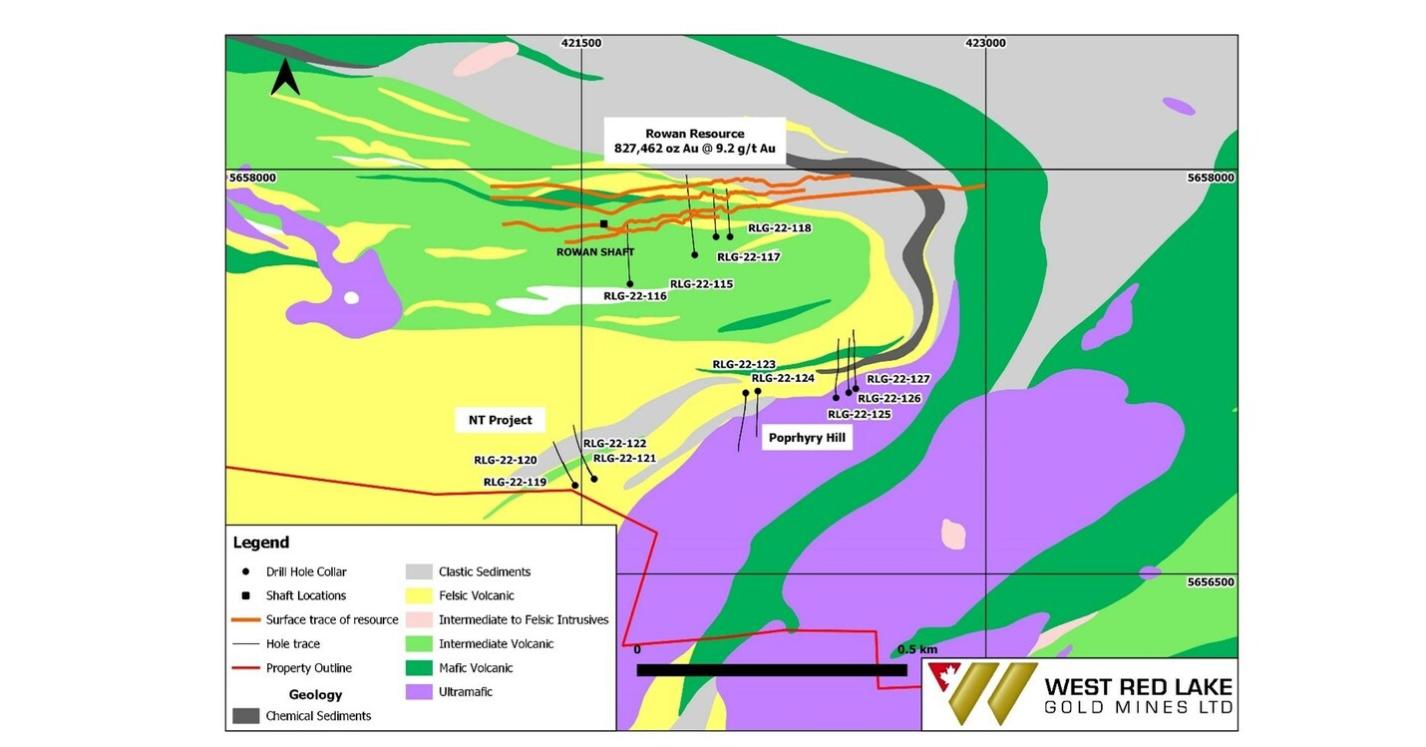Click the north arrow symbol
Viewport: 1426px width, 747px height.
tap(284, 78)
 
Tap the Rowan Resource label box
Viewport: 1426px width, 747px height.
tap(694, 141)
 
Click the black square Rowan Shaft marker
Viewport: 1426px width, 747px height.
tap(603, 224)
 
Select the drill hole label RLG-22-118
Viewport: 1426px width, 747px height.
tap(779, 228)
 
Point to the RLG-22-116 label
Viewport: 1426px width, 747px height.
tap(634, 296)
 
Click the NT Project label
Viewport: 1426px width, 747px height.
tap(500, 420)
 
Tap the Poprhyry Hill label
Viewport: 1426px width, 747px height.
tap(808, 438)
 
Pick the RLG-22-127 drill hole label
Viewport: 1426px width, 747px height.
tap(897, 379)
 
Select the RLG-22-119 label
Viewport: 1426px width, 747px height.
tap(515, 483)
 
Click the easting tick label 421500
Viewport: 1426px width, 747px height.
tap(581, 43)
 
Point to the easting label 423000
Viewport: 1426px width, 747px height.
tap(985, 43)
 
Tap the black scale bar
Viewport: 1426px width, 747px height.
tap(771, 670)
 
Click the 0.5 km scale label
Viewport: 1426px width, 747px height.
tap(916, 649)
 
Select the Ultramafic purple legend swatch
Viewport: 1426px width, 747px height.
tap(419, 691)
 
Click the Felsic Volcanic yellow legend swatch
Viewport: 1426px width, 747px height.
tap(419, 595)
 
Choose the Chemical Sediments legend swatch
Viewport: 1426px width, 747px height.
tap(245, 715)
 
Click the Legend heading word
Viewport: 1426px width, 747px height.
tap(261, 543)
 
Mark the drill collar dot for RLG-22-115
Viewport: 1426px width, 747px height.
tap(695, 255)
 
